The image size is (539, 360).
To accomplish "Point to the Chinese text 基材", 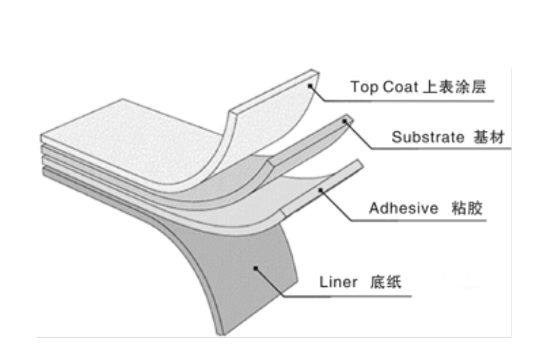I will coord(490,138).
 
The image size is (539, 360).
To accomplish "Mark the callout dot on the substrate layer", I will coord(345,122).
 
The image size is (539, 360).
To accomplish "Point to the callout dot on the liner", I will coord(257,267).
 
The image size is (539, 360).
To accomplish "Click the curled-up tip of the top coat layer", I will coord(310,76).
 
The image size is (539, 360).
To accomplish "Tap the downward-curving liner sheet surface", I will coord(246,281).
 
